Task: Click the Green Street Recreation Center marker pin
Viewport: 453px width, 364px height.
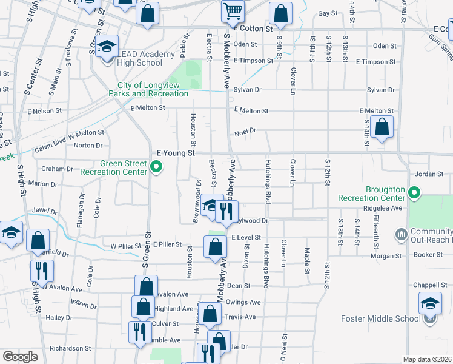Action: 156,167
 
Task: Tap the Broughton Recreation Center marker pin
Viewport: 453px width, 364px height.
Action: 414,194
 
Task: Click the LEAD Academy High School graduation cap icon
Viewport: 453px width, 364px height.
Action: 107,47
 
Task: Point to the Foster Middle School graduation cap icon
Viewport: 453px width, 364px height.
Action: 430,302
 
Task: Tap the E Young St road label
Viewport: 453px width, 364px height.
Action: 176,153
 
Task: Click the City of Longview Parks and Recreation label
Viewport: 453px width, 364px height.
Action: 148,89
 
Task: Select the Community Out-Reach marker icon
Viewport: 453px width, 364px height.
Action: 400,234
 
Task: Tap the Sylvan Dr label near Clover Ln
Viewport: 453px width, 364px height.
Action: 248,89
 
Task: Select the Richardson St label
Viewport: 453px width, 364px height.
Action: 70,348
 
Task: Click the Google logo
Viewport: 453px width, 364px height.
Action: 19,357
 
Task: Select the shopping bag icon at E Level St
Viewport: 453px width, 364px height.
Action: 216,246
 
